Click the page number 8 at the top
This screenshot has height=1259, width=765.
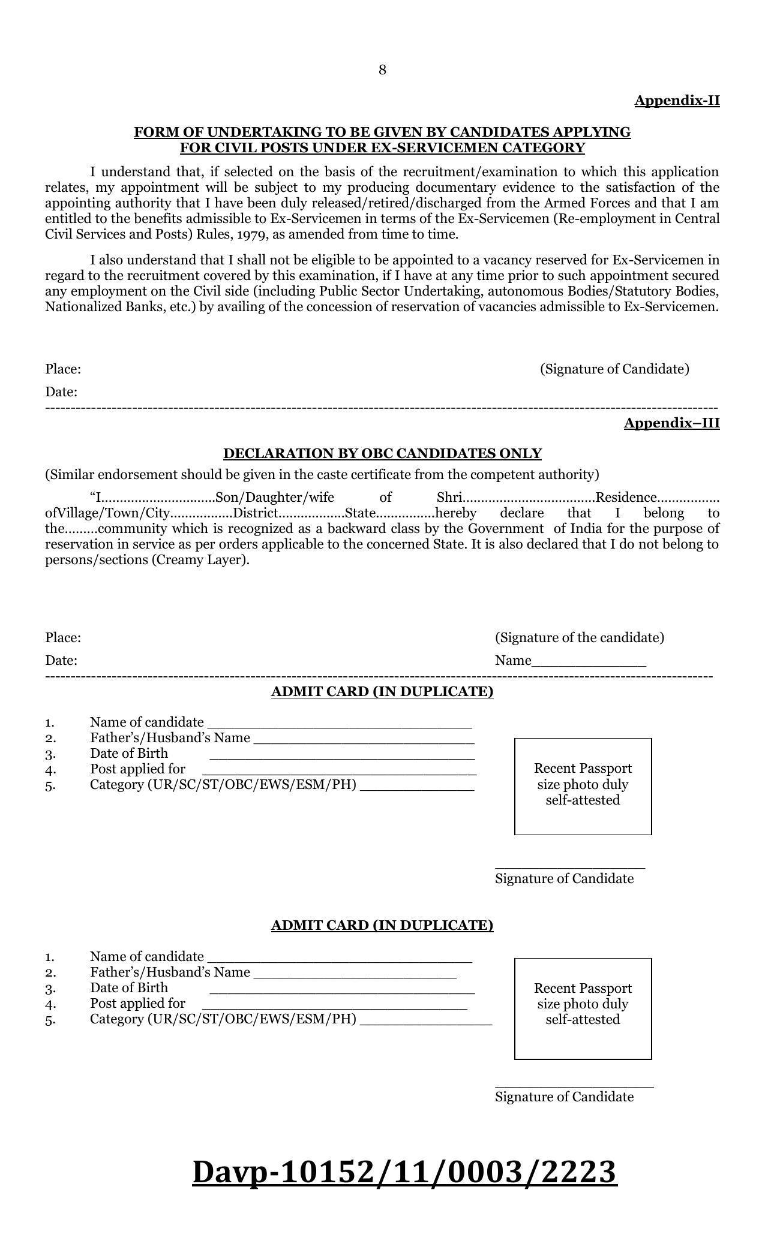coord(382,71)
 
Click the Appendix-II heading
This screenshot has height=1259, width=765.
coord(677,100)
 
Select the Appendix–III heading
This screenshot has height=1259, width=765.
coord(671,423)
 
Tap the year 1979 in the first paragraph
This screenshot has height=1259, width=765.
coord(252,234)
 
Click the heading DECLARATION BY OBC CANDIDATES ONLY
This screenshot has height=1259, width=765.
coord(382,453)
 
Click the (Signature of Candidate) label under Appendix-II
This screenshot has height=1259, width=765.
coord(614,369)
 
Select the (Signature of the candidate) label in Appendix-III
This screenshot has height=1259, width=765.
coord(579,637)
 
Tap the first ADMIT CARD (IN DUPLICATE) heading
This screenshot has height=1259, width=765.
coord(382,692)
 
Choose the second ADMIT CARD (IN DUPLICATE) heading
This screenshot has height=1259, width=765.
coord(382,925)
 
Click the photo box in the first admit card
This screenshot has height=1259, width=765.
coord(583,786)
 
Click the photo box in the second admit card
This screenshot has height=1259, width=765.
coord(583,1008)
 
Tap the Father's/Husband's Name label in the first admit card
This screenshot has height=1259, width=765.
coord(170,738)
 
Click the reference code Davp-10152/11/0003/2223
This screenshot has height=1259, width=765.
coord(404,1172)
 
